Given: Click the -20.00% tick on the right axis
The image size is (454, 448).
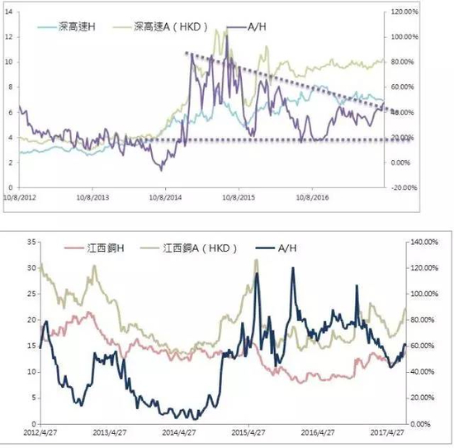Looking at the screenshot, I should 405,187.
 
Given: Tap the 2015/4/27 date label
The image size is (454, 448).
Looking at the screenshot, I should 252,431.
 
